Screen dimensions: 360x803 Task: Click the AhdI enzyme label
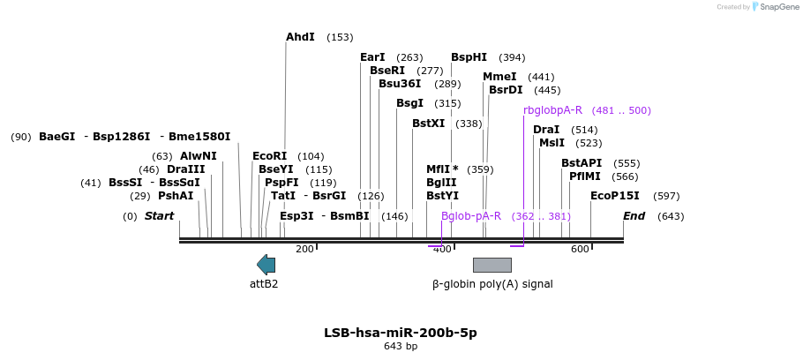tap(300, 37)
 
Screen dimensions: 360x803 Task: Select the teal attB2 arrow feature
tap(266, 264)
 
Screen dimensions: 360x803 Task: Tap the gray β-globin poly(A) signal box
tap(492, 265)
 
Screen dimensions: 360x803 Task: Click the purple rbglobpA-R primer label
tap(552, 110)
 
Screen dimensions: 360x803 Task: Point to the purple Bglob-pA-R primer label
tap(471, 216)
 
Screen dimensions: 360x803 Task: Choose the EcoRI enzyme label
tap(269, 156)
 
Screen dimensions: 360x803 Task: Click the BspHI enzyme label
tap(469, 57)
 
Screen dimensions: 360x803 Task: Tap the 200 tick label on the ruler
tap(304, 250)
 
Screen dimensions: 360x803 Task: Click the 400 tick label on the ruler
tap(442, 250)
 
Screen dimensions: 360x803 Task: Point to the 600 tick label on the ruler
tap(580, 250)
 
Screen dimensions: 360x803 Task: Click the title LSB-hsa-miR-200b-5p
tap(401, 333)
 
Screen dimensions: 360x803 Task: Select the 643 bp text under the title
tap(401, 347)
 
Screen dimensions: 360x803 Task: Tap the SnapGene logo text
tap(777, 7)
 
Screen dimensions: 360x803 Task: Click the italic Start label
tap(160, 216)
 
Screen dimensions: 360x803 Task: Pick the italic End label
tap(634, 216)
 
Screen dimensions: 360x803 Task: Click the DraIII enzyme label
tap(185, 169)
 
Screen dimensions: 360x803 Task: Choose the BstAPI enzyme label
tap(582, 163)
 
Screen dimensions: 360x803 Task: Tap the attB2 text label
tap(264, 284)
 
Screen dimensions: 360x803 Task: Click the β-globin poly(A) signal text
tap(492, 284)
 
